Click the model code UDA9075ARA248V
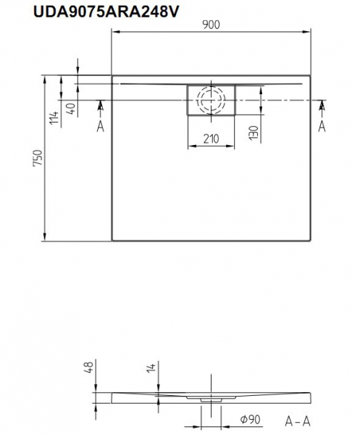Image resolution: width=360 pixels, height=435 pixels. coord(106,12)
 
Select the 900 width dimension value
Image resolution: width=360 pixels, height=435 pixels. coord(212,25)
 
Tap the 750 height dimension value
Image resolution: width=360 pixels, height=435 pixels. coord(38,158)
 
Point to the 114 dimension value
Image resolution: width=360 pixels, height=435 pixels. coord(54,117)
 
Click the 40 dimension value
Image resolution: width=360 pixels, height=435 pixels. coord(71,109)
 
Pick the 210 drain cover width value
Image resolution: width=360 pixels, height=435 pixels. coord(212,138)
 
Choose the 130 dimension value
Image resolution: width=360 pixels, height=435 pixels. coord(254,133)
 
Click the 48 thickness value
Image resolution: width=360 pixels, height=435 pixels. coord(90,366)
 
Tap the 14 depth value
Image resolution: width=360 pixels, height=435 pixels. coord(151,367)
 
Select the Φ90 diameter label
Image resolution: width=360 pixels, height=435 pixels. coord(250,420)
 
